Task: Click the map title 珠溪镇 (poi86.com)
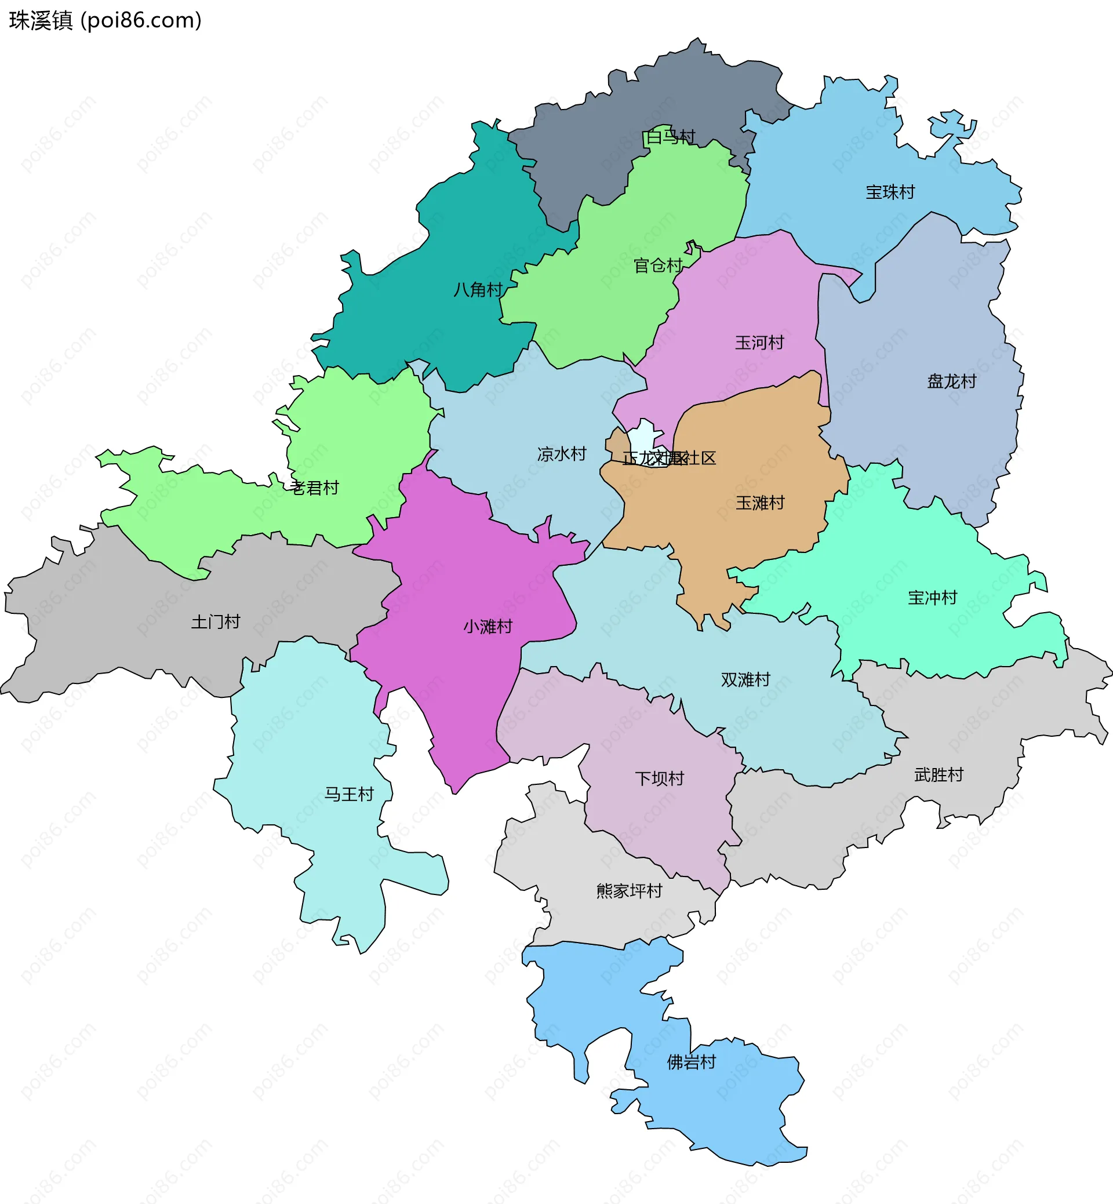click(106, 20)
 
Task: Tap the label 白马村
click(670, 137)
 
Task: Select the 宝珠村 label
click(890, 192)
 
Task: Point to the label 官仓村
click(658, 265)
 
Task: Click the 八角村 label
click(478, 290)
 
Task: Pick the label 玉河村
click(759, 343)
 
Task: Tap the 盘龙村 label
click(952, 381)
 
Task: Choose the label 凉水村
click(561, 454)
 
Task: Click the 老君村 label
click(314, 488)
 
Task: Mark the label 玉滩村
click(760, 503)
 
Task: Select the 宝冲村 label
click(932, 598)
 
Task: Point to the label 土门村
click(216, 621)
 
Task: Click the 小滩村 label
click(488, 627)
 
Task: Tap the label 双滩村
click(745, 680)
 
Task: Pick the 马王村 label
click(350, 794)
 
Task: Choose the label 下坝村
click(660, 779)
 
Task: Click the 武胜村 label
click(939, 774)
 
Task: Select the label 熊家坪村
click(630, 891)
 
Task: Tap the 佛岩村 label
click(692, 1062)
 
